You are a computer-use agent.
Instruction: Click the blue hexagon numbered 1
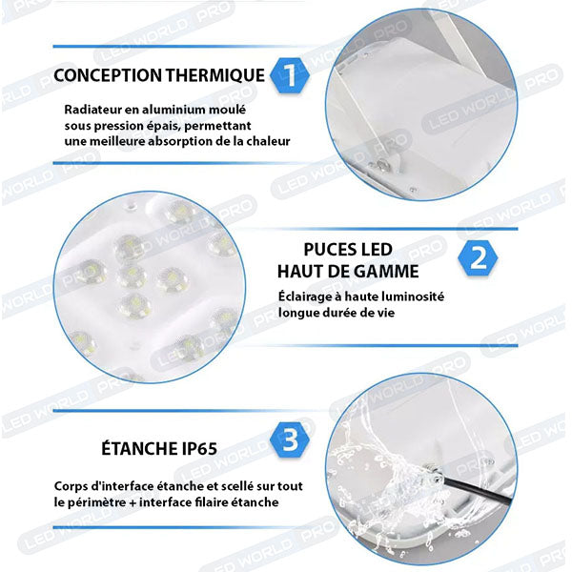tap(290, 75)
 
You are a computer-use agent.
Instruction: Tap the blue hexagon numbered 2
tap(478, 257)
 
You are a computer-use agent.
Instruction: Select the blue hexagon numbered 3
tap(290, 439)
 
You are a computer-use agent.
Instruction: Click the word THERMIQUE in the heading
tap(214, 75)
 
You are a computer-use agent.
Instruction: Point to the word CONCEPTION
tap(108, 75)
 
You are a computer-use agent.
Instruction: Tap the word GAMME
tap(386, 272)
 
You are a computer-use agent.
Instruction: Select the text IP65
tap(199, 449)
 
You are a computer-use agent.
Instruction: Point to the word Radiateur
tap(92, 110)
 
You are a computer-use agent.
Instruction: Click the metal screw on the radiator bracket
tap(382, 165)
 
